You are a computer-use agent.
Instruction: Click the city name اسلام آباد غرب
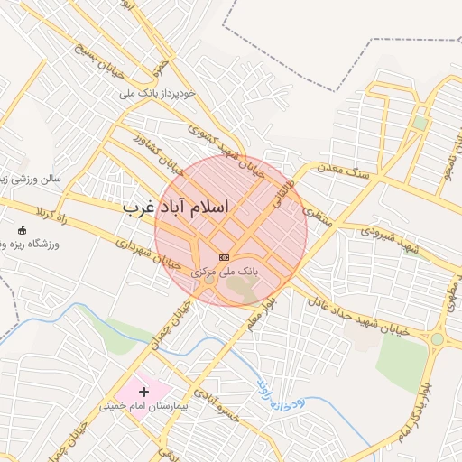[x=176, y=208]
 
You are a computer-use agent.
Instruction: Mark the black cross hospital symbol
[x=143, y=392]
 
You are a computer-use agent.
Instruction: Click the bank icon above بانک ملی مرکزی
[x=225, y=257]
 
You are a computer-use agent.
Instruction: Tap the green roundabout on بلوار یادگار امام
[x=437, y=339]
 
